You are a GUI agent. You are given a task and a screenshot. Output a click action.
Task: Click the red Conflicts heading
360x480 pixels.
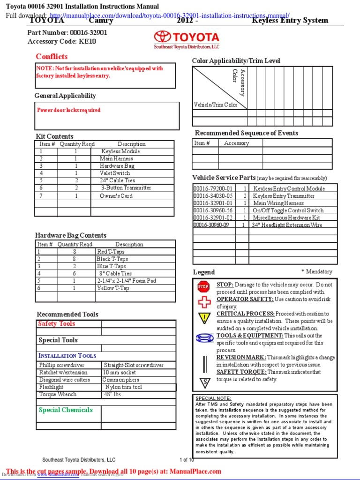tap(52, 57)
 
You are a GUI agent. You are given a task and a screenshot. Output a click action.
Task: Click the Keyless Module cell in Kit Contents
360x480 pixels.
tap(120, 151)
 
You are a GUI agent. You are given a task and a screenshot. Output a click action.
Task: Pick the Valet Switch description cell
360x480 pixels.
tap(115, 173)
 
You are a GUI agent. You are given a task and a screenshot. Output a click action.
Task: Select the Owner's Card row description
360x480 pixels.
tap(116, 196)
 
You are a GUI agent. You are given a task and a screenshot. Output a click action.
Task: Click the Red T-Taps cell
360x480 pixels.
tap(111, 252)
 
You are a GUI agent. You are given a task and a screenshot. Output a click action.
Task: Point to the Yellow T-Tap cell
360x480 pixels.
tap(112, 288)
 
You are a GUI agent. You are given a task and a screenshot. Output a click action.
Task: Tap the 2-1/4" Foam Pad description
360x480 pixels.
tap(127, 281)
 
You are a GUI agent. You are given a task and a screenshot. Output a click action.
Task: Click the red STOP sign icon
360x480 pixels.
tap(203, 286)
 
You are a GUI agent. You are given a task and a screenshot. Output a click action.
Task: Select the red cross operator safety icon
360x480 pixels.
tap(204, 301)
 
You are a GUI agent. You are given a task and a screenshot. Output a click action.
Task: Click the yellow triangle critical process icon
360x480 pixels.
tap(204, 318)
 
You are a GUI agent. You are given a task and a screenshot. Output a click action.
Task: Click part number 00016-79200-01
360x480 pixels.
tap(213, 188)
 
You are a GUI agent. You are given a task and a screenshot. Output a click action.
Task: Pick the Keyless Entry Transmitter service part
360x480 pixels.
tap(284, 196)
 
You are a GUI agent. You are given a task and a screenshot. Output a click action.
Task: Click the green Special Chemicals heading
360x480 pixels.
tap(66, 410)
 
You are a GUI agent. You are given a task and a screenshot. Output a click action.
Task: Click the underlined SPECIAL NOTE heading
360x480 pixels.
tap(213, 398)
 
